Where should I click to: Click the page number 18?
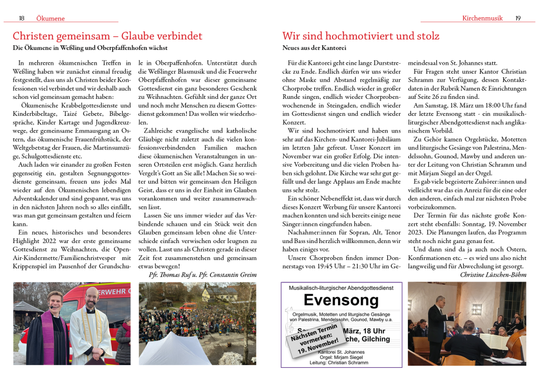point(22,18)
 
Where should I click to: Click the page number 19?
point(518,18)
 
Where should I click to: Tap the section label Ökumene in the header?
point(51,18)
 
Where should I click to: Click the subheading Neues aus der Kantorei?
point(314,48)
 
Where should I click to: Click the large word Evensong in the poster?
point(341,300)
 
